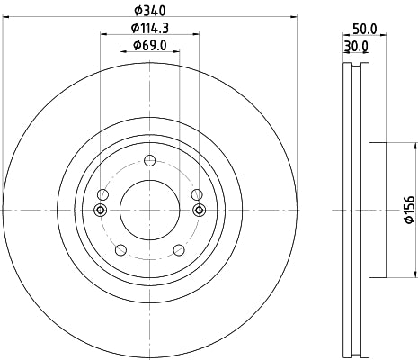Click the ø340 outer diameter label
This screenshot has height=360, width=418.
[x=149, y=12]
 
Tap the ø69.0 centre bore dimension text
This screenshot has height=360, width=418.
[x=150, y=45]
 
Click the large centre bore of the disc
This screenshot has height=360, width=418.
[x=149, y=210]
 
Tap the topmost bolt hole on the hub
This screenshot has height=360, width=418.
[x=149, y=161]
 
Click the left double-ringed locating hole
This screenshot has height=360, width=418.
[x=100, y=211]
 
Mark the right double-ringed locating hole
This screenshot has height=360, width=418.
[x=199, y=211]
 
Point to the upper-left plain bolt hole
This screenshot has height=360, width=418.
[x=103, y=194]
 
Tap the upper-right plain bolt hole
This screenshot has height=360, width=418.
[x=196, y=194]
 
